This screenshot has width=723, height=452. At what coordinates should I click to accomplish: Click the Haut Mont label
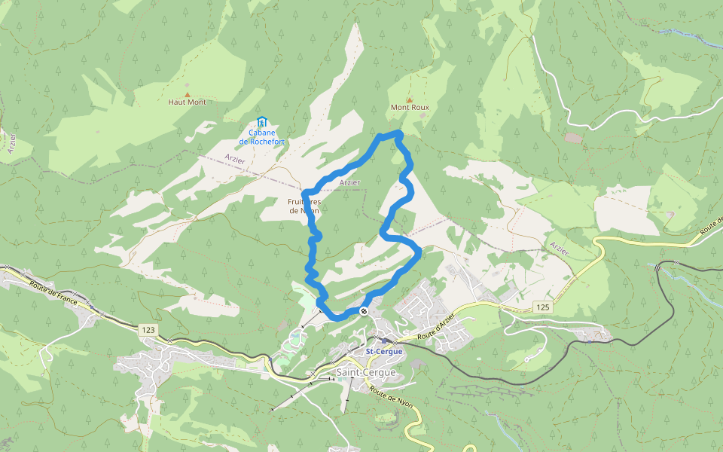pos(187,102)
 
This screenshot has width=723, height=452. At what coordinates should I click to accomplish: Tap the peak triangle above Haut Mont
pos(188,94)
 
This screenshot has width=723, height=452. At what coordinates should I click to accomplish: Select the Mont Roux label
pos(410,107)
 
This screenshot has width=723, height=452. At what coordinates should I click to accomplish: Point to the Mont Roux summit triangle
pos(410,99)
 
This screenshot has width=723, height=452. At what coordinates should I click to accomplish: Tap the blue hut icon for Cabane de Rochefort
pos(261,121)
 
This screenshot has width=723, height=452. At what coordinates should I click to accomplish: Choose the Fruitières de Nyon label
pos(304,206)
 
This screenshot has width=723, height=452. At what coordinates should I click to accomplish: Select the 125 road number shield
pos(544,307)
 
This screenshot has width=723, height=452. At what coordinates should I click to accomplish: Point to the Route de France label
pos(55,291)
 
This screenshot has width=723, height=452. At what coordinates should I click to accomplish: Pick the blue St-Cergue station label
pos(384,352)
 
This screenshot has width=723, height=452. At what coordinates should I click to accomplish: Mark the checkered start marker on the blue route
pos(364,311)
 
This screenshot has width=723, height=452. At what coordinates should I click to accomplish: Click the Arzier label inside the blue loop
pos(349,182)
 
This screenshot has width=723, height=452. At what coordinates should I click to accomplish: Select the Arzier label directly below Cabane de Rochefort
pos(235,157)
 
